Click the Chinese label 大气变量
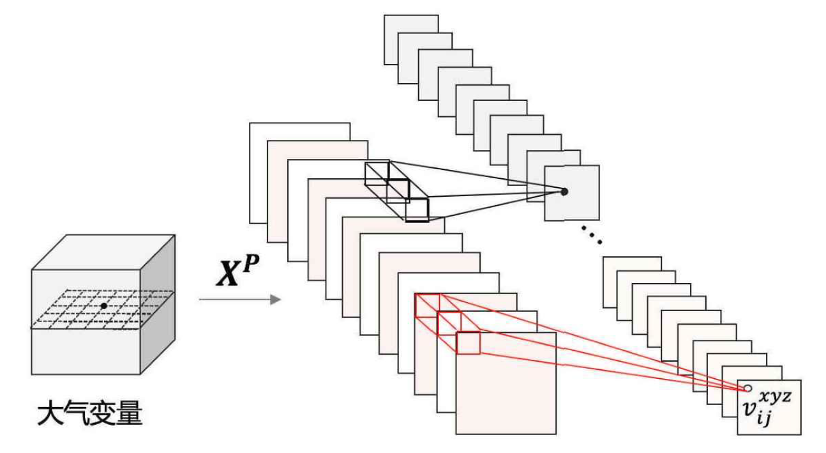[x=89, y=414]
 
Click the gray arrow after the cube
[x=240, y=299]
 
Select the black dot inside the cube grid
[x=103, y=306]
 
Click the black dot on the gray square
[x=564, y=190]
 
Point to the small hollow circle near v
[x=747, y=388]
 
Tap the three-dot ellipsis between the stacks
[x=592, y=236]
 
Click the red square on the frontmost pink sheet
[x=468, y=343]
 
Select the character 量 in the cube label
[x=129, y=414]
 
